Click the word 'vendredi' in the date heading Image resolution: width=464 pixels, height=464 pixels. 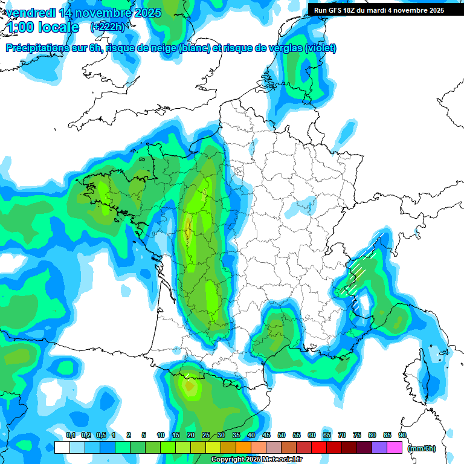point(27,13)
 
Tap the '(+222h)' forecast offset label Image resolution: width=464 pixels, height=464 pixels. point(108,27)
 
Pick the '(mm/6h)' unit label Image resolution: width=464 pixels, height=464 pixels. point(422,448)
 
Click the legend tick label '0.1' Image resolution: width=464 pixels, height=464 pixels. point(70,435)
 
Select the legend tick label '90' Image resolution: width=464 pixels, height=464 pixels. point(402,435)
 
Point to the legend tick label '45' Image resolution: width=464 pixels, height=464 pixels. point(266,435)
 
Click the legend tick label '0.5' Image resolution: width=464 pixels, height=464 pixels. point(100,435)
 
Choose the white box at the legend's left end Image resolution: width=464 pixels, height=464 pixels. point(62,447)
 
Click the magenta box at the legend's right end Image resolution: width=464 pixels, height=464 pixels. point(395,447)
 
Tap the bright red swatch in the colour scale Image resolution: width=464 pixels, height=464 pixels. point(319,447)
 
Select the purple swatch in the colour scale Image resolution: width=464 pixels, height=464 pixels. point(379,447)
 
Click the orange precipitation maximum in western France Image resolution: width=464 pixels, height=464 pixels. point(188,230)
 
